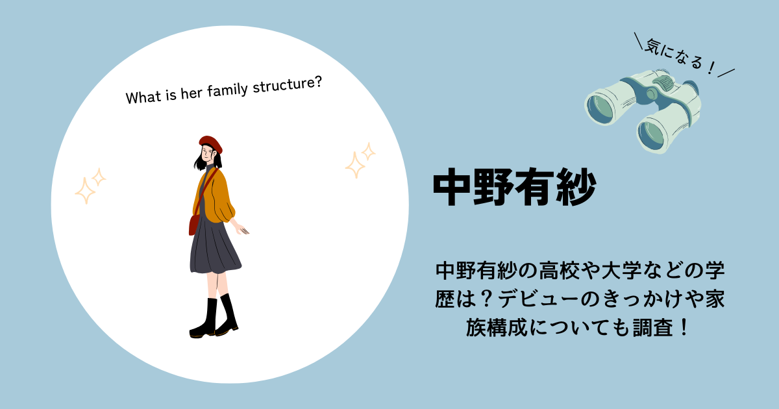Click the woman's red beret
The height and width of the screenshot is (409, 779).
(211, 143)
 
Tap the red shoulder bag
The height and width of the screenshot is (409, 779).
(193, 225)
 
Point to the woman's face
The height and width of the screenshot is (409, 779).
(208, 154)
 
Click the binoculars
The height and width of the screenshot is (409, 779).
(642, 110)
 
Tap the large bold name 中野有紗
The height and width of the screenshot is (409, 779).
(515, 187)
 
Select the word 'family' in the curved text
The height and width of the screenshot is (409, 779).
(227, 90)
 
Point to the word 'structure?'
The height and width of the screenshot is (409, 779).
(288, 84)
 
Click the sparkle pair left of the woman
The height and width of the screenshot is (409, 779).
(90, 186)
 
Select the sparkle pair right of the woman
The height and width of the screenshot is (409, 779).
(360, 160)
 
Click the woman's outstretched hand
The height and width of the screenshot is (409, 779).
(243, 230)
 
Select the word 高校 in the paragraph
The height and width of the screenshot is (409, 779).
(559, 271)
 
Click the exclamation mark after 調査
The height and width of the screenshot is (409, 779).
(684, 327)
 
